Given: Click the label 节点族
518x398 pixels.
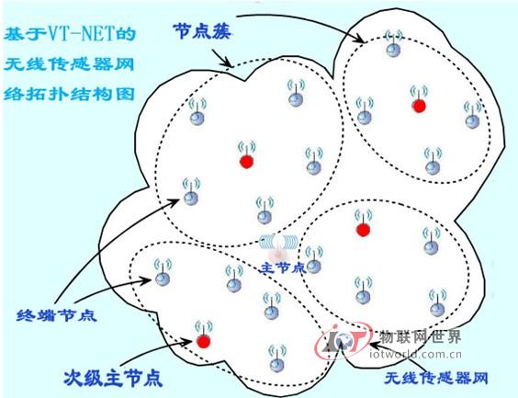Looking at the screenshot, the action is coord(202,31).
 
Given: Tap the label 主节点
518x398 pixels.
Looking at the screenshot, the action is coord(283,267).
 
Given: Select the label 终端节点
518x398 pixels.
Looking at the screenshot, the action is coord(57,315).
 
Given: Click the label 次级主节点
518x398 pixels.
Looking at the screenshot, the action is coord(113,377).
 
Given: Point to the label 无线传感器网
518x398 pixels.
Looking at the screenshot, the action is coord(435,378).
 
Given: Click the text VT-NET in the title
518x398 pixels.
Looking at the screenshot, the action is coord(84,34).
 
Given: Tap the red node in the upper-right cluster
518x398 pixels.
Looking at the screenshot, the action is coord(419,107).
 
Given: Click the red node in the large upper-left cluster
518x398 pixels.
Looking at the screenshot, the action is coord(246,162).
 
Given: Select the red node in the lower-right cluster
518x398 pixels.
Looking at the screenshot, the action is coord(363,230).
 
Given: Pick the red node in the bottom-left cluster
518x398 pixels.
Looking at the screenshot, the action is coord(203,341).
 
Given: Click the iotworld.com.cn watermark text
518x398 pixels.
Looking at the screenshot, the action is coord(415,355).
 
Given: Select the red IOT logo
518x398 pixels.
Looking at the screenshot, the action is coord(342,340).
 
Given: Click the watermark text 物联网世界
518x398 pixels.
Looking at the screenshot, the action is coord(420,337).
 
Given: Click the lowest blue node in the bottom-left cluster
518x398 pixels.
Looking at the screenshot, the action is coord(276,365).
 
